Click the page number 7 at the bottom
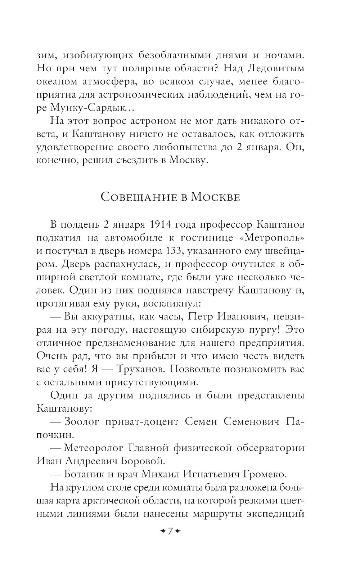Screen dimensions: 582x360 pos(170,531)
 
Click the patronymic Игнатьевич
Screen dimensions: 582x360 pos(211,474)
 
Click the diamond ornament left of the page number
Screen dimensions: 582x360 pos(162,531)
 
